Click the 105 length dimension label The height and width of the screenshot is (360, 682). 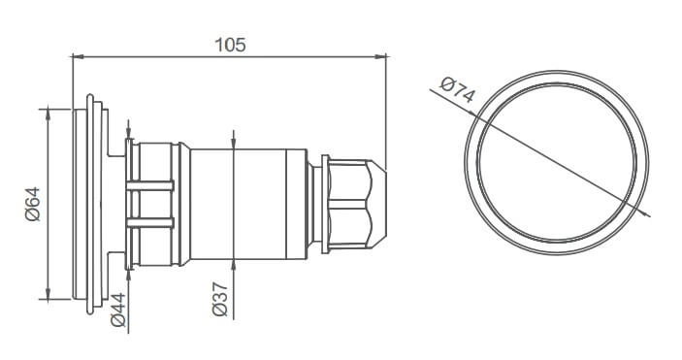click(x=231, y=45)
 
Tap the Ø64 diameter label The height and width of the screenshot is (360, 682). click(x=33, y=204)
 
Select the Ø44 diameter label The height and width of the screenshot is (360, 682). click(x=118, y=310)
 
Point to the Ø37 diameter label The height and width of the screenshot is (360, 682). click(x=220, y=299)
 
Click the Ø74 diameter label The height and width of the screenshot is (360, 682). click(x=457, y=89)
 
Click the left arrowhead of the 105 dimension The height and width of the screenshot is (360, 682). click(x=77, y=56)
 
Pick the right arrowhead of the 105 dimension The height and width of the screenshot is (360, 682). click(x=380, y=56)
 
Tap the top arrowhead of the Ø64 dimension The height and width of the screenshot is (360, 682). click(x=48, y=115)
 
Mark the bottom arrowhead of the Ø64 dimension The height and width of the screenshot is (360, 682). click(x=48, y=293)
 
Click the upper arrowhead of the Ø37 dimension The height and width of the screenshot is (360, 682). click(x=234, y=144)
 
